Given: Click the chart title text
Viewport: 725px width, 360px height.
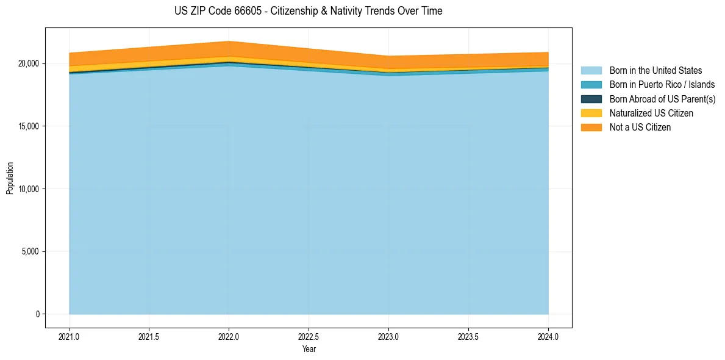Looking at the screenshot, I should (309, 11).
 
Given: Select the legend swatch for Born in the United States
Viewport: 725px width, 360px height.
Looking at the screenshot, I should (591, 71).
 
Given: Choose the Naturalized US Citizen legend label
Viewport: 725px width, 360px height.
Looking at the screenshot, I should (651, 113).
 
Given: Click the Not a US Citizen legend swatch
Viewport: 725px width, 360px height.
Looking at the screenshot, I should (591, 127).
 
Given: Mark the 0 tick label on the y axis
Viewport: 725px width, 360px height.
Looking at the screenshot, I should (37, 314).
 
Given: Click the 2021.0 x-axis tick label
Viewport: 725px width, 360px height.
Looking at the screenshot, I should (70, 336).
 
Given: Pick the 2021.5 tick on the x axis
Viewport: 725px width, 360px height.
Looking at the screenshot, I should (149, 336).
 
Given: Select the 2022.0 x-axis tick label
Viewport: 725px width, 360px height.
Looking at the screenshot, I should (229, 336).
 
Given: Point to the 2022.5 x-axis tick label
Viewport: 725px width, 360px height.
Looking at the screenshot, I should (309, 336).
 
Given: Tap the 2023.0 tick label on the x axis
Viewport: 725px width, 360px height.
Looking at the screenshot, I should (388, 336).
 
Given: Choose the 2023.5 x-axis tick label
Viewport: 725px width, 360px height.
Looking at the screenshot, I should (468, 336).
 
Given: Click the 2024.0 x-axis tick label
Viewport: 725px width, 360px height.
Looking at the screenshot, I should (548, 336).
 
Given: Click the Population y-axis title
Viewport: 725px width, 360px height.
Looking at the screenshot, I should (10, 178).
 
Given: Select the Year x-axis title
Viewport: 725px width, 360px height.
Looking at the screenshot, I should (309, 349).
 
